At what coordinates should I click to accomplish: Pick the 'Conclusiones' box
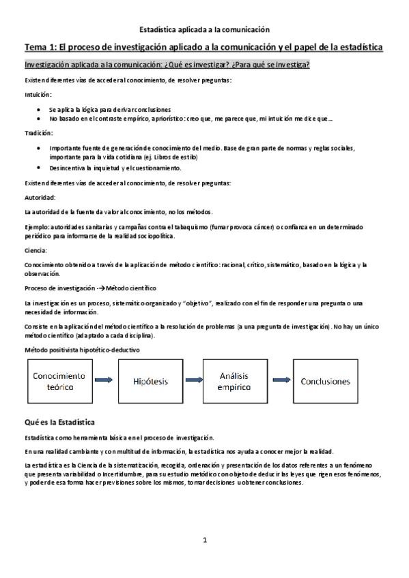pyautogui.click(x=330, y=381)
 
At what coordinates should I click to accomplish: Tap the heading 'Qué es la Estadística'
pyautogui.click(x=60, y=423)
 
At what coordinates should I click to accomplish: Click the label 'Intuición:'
pyautogui.click(x=37, y=95)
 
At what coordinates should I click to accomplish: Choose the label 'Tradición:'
pyautogui.click(x=38, y=133)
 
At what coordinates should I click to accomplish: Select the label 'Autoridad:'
pyautogui.click(x=39, y=197)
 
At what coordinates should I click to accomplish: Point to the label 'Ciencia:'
pyautogui.click(x=36, y=250)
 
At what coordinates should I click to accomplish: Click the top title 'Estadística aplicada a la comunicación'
pyautogui.click(x=205, y=29)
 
